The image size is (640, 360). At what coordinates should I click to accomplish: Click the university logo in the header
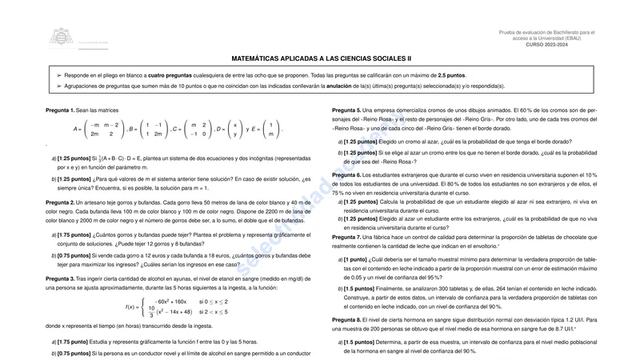(x=60, y=37)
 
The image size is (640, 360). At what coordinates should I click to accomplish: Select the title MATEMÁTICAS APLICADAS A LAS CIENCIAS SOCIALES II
(x=321, y=58)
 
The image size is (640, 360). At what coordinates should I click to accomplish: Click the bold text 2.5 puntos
(x=452, y=74)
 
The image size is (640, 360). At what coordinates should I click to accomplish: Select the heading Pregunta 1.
(x=60, y=109)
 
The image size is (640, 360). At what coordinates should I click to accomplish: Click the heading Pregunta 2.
(x=60, y=203)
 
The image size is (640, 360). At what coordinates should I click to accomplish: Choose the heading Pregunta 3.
(x=60, y=278)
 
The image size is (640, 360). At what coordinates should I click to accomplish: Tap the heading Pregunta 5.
(x=346, y=109)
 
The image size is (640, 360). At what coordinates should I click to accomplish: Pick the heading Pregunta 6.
(x=346, y=174)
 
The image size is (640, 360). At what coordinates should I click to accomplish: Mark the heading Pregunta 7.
(x=346, y=237)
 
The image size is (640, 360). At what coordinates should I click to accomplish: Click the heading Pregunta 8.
(x=346, y=319)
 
